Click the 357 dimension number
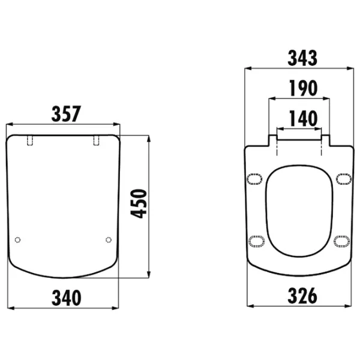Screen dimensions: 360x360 pyautogui.click(x=66, y=114)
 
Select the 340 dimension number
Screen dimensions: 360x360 pyautogui.click(x=67, y=298)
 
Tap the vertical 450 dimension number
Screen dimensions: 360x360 pyautogui.click(x=139, y=203)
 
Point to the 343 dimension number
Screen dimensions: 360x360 pyautogui.click(x=302, y=58)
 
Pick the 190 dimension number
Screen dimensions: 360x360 pyautogui.click(x=303, y=88)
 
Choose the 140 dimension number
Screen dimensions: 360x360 pyautogui.click(x=303, y=118)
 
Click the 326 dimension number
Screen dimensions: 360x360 pyautogui.click(x=302, y=296)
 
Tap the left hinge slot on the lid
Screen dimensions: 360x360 pyautogui.click(x=30, y=140)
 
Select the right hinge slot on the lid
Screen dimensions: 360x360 pyautogui.click(x=97, y=140)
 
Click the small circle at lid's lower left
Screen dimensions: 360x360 pyautogui.click(x=17, y=240)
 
